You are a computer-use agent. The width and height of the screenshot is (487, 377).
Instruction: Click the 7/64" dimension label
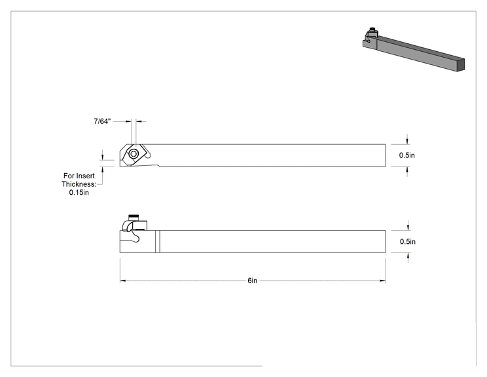[102, 121]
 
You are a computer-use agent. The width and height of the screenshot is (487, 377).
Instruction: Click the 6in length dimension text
[253, 281]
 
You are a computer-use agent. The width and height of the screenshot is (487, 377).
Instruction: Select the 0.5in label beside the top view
[407, 155]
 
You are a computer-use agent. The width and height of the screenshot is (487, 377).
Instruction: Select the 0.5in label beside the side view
[408, 242]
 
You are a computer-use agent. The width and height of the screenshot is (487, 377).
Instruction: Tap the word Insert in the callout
[85, 176]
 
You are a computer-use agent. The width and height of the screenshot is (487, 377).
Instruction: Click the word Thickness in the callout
[79, 184]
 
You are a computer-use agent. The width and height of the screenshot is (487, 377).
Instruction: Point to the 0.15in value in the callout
[79, 193]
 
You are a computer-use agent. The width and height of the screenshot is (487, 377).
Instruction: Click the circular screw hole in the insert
[134, 153]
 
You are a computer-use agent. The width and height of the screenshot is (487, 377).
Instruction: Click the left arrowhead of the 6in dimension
[122, 281]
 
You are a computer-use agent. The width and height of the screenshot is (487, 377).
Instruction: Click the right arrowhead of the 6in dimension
[383, 281]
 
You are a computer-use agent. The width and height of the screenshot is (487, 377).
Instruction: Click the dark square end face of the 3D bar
[461, 65]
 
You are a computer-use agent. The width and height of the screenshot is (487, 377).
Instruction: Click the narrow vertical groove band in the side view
[158, 242]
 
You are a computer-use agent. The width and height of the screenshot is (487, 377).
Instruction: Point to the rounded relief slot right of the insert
[147, 152]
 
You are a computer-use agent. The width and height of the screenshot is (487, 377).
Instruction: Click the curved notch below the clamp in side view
[134, 236]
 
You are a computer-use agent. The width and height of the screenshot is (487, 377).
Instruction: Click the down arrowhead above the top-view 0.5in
[408, 142]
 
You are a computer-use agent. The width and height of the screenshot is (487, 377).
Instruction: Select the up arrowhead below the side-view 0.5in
[408, 256]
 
